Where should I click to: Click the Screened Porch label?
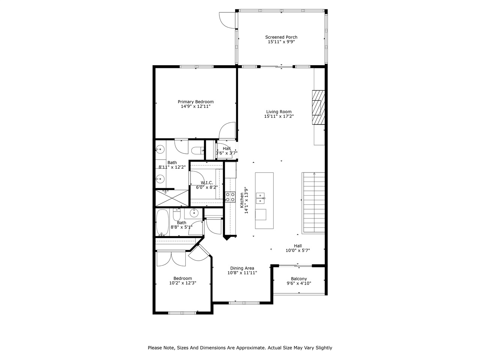[281, 37]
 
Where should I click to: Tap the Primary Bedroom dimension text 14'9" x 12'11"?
[195, 106]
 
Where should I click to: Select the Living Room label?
[279, 112]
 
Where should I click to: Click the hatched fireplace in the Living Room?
[318, 107]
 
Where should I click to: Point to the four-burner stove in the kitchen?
[230, 197]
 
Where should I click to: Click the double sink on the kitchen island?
[261, 198]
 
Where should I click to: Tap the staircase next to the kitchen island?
[313, 203]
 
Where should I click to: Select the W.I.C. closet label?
[204, 182]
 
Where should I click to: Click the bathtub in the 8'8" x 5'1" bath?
[162, 222]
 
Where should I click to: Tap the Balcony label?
[299, 279]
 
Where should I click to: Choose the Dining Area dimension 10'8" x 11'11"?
[242, 273]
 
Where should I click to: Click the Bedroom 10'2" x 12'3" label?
[183, 278]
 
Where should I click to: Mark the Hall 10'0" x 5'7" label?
[298, 246]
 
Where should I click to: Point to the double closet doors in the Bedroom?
[171, 259]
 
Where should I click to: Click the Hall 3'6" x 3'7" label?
[226, 148]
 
